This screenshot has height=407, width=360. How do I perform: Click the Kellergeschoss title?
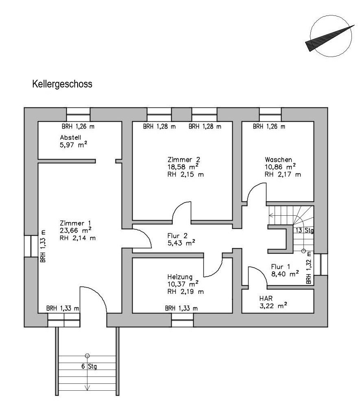click(x=62, y=84)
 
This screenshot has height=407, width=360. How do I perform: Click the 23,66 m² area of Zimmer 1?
click(x=76, y=230)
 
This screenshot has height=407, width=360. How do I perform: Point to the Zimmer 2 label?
click(x=184, y=159)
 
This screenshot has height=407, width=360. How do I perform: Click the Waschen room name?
click(x=278, y=160)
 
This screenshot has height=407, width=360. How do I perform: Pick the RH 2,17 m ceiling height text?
click(x=283, y=175)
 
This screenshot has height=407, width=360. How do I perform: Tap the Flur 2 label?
click(x=177, y=236)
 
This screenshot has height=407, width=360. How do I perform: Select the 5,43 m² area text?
click(x=181, y=243)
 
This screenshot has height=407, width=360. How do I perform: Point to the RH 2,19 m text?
click(x=185, y=291)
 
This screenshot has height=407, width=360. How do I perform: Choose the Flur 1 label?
click(x=281, y=267)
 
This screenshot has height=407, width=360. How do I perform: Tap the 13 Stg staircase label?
click(x=304, y=230)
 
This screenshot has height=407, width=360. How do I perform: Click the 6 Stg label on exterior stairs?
click(x=89, y=366)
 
